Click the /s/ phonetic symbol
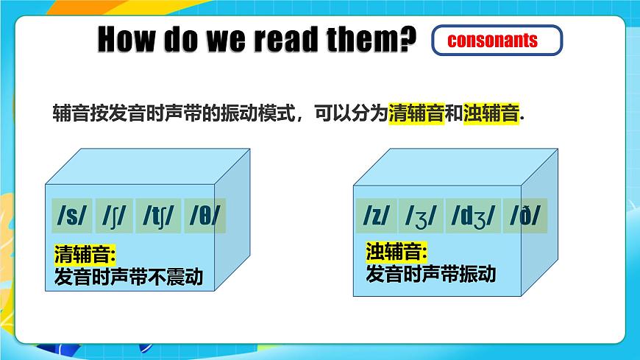coord(72,216)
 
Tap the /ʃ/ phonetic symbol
coord(115,216)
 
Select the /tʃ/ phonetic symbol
coord(159,216)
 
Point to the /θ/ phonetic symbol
coord(205,216)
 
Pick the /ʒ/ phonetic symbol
coord(421,216)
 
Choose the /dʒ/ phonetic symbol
coord(473,216)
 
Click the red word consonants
coord(492,40)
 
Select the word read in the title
coord(294,40)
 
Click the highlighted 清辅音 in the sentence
coord(416,115)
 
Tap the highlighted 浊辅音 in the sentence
coord(491,115)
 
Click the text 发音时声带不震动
coord(129,278)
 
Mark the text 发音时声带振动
coord(430,275)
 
